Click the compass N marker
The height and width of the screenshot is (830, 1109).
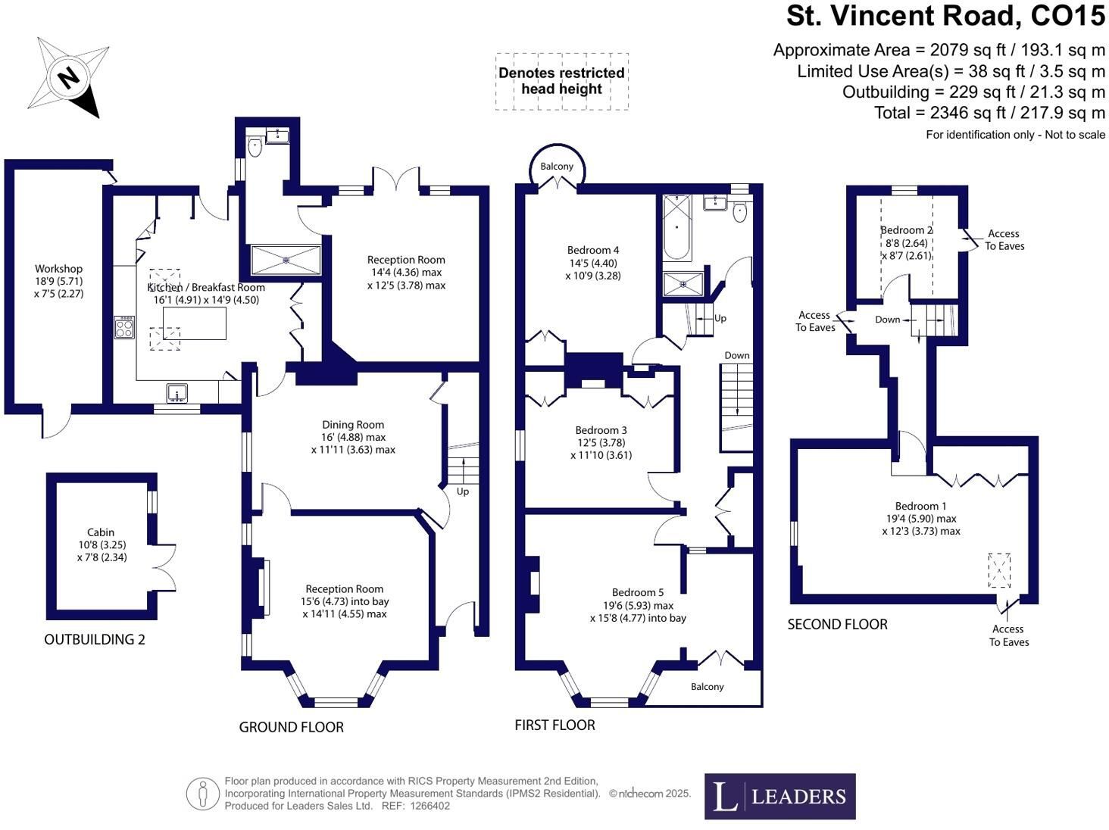69,78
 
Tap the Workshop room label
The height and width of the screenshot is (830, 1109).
58,269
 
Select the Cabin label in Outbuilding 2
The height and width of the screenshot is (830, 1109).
101,532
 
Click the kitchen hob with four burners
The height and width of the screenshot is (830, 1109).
124,327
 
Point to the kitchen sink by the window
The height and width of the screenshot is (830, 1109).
177,393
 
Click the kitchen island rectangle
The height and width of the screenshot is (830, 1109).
195,323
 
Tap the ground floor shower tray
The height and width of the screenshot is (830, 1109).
286,260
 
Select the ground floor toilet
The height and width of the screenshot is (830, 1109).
255,146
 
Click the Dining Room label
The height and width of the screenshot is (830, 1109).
353,425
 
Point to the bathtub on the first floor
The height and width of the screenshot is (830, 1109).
677,228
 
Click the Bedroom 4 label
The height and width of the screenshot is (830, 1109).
593,250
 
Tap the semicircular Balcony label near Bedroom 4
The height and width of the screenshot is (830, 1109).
557,166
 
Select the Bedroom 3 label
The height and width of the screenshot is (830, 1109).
601,430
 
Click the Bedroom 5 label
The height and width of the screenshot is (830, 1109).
638,592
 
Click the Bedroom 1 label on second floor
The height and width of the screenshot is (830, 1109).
921,506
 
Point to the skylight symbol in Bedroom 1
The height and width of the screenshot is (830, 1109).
999,570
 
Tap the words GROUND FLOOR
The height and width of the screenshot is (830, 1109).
292,727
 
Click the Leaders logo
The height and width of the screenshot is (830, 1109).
780,796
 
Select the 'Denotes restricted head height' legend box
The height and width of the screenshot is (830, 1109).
562,81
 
